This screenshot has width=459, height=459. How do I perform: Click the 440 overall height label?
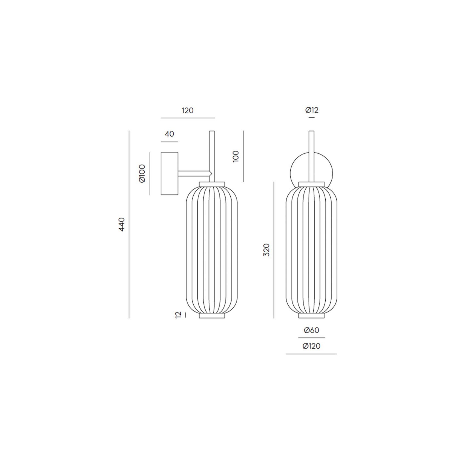(122, 224)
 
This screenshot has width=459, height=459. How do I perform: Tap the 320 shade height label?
(266, 250)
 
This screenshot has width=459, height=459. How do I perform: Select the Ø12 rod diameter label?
(312, 110)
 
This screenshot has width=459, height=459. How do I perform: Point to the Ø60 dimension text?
(312, 330)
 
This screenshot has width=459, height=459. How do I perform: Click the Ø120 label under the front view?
(311, 346)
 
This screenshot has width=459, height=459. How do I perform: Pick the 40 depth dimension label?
(170, 134)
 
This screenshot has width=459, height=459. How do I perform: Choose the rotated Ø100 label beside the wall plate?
(142, 174)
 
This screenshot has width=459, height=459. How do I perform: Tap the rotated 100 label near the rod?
(236, 156)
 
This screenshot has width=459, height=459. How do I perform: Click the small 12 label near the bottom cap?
(178, 315)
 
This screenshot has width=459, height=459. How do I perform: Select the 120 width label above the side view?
(188, 110)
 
